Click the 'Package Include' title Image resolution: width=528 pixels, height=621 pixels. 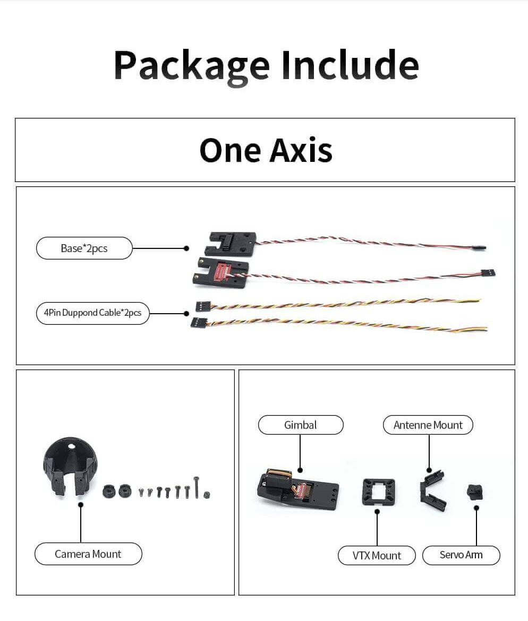click(x=266, y=65)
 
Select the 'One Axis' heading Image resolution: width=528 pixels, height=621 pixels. click(x=266, y=150)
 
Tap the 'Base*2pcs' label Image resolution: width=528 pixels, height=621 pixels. click(x=84, y=248)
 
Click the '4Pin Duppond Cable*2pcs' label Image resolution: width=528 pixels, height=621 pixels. click(x=93, y=313)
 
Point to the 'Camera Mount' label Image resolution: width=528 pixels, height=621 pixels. click(x=88, y=554)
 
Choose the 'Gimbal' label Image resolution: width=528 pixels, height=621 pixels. click(x=301, y=425)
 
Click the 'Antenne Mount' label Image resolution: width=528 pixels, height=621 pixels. click(x=428, y=425)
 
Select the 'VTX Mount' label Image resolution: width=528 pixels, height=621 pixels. click(x=377, y=556)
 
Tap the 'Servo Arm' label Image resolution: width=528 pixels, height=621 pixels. click(x=461, y=555)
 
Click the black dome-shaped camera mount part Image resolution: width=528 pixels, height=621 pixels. click(x=69, y=467)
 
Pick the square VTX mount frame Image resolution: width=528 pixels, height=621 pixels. click(x=378, y=491)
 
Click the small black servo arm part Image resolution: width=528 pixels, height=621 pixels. click(x=474, y=491)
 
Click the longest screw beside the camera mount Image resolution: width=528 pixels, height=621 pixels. click(x=197, y=487)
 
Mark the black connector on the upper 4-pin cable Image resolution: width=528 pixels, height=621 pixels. click(x=202, y=306)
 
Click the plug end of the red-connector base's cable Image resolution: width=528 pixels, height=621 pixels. click(x=488, y=273)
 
